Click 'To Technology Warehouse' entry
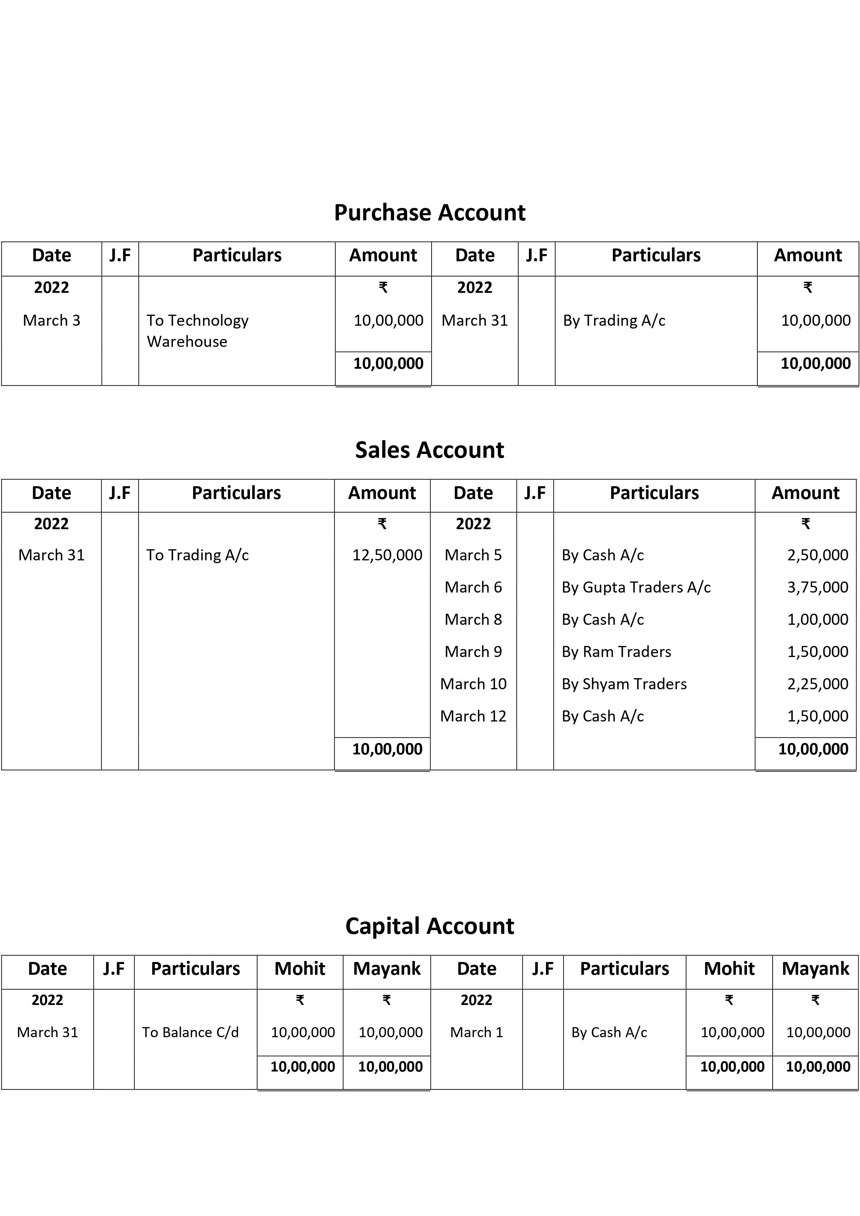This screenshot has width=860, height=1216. tap(197, 331)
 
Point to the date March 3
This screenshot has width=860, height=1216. tap(51, 321)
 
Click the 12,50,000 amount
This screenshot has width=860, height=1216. tap(387, 555)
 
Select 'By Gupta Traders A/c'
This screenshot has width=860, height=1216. tap(636, 587)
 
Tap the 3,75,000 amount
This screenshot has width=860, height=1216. tap(817, 587)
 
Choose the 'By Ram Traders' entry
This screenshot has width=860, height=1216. tap(616, 652)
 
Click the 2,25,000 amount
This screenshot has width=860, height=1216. tap(817, 684)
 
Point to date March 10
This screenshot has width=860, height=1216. tap(473, 684)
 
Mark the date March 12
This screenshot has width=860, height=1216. tap(473, 717)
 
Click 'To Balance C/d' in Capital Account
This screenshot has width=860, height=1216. tap(190, 1032)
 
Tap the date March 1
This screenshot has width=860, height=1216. tap(476, 1032)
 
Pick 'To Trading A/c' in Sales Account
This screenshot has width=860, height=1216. tap(197, 555)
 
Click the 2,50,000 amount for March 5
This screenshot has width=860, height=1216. tap(817, 555)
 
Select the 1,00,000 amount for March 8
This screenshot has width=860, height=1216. tap(817, 620)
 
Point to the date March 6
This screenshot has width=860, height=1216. tap(473, 587)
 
